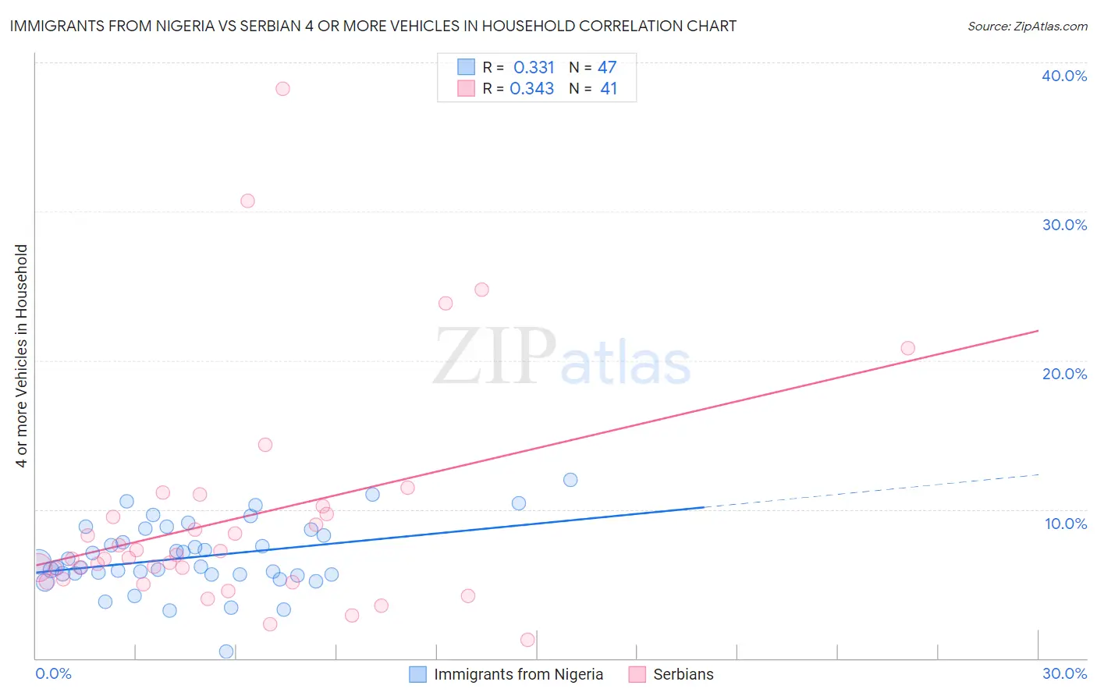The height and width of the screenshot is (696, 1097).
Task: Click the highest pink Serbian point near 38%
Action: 282,89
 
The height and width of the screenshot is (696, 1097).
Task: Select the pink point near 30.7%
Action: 247,201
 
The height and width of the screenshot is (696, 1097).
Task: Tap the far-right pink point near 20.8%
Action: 907,348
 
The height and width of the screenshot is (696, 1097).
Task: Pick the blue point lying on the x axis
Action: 226,651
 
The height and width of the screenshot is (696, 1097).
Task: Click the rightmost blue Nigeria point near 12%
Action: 570,480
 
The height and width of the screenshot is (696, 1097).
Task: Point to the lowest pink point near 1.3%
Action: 527,640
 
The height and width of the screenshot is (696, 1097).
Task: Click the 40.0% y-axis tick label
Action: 1064,76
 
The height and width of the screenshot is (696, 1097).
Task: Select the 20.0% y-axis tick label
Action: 1064,374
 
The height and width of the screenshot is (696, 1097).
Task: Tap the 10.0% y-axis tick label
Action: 1065,524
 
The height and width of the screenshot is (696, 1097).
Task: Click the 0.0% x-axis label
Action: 53,673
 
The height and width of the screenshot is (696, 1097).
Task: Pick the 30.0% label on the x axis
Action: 1064,673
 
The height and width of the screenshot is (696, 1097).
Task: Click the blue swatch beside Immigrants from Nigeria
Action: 418,674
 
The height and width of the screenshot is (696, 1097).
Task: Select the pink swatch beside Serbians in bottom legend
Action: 637,674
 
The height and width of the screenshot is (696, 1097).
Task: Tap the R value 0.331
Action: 534,68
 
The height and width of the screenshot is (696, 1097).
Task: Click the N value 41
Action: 609,89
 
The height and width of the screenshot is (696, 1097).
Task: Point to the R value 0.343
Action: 532,89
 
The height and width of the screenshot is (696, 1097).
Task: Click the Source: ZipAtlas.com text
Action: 1027,27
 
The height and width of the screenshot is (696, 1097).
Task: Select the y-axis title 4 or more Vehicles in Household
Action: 22,356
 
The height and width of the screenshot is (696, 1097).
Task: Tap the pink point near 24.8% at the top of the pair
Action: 481,289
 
